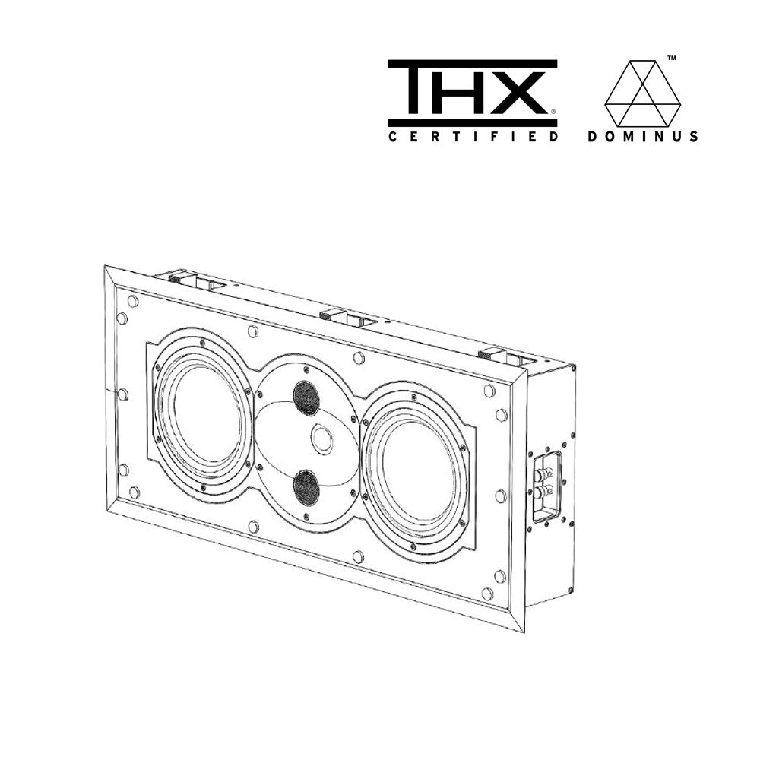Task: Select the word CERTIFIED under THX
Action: click(x=473, y=137)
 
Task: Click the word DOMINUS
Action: click(x=643, y=137)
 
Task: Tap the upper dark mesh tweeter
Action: click(x=306, y=397)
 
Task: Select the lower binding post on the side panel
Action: click(x=544, y=495)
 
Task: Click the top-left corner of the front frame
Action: click(x=106, y=267)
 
